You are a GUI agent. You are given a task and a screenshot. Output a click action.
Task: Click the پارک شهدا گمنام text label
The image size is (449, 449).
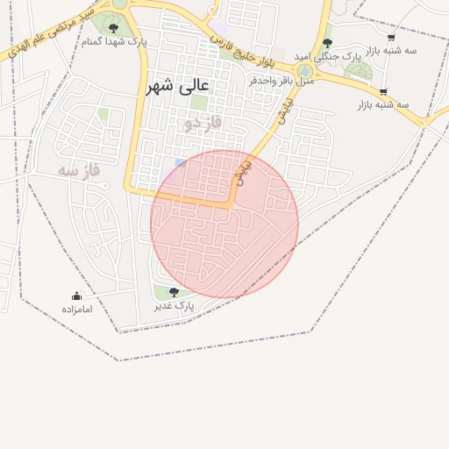pyautogui.click(x=114, y=41)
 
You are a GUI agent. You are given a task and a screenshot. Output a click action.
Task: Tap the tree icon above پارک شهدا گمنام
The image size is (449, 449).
pyautogui.click(x=113, y=29)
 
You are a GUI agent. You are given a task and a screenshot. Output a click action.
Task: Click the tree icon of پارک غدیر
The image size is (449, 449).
pyautogui.click(x=173, y=292)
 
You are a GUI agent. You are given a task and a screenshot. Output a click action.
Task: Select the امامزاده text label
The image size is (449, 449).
pyautogui.click(x=77, y=309)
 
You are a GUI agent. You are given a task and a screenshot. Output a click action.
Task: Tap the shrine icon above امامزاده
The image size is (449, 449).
pyautogui.click(x=76, y=296)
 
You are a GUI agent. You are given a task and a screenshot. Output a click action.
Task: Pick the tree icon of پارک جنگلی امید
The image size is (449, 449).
pyautogui.click(x=327, y=43)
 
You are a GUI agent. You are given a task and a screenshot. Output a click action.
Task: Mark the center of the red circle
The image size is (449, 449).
pyautogui.click(x=224, y=224)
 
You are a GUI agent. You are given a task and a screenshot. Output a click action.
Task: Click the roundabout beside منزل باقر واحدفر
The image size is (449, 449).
pyautogui.click(x=305, y=70)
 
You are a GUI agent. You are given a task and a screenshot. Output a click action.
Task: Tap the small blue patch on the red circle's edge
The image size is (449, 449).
pyautogui.click(x=180, y=163)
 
